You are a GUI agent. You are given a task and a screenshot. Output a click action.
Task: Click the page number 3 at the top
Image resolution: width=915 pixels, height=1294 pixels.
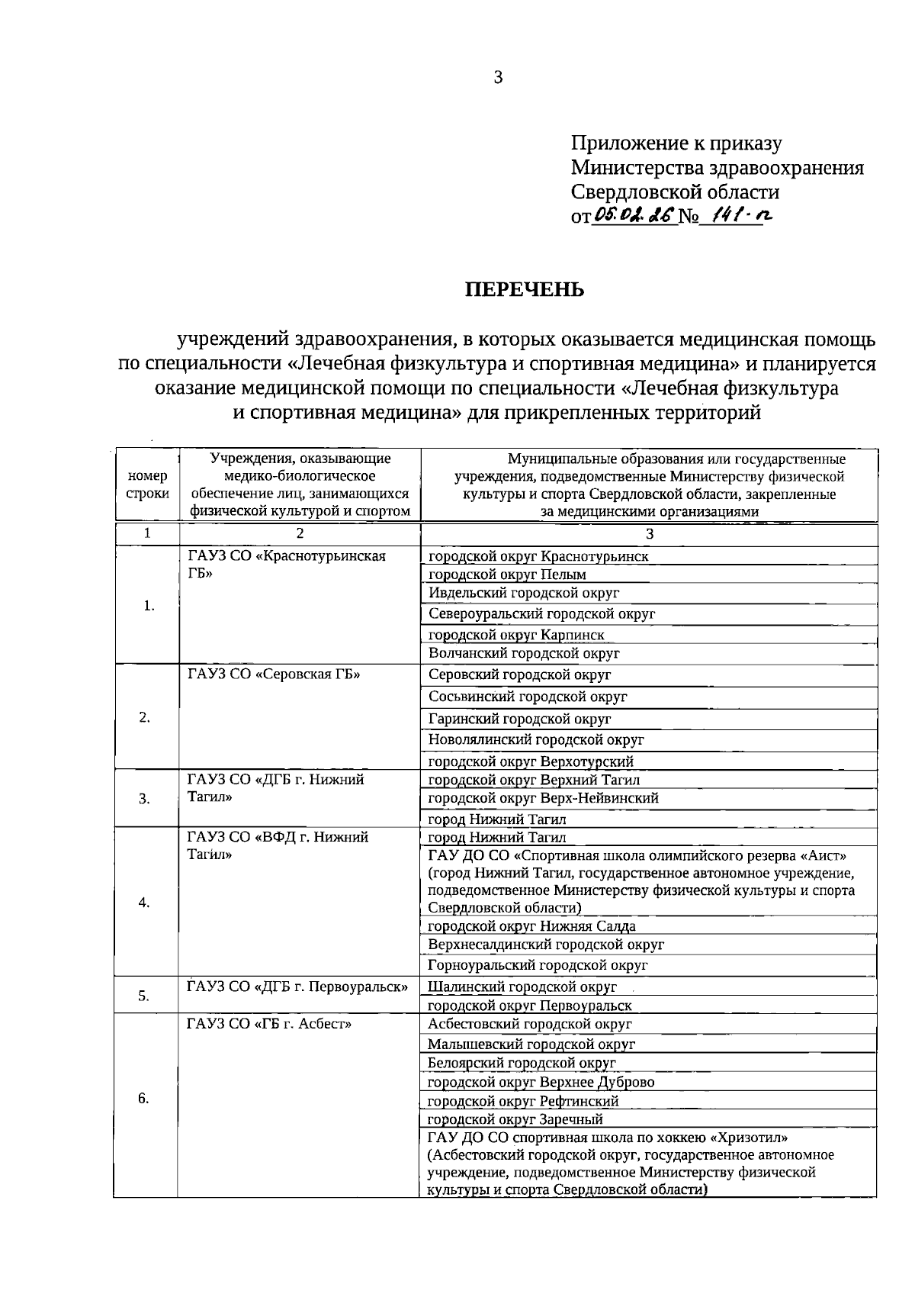pyautogui.click(x=498, y=77)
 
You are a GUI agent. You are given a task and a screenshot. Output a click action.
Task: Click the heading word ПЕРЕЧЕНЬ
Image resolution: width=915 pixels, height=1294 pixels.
pyautogui.click(x=525, y=290)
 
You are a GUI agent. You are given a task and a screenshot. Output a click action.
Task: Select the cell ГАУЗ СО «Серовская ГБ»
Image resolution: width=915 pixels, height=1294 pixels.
pyautogui.click(x=274, y=674)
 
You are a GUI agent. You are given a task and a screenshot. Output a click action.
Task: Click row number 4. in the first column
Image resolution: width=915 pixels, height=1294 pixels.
pyautogui.click(x=144, y=903)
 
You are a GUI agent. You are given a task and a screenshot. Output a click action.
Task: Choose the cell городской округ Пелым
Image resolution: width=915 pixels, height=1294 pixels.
pyautogui.click(x=507, y=575)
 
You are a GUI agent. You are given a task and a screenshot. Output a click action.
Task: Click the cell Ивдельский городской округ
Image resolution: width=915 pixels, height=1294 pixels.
pyautogui.click(x=524, y=593)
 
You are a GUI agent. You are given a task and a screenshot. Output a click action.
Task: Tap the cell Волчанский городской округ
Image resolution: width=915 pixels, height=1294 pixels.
pyautogui.click(x=524, y=653)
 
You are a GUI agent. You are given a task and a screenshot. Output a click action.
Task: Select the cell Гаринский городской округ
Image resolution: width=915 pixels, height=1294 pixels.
pyautogui.click(x=520, y=719)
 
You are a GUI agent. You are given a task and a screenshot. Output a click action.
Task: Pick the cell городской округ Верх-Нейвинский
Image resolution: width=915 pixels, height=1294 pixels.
pyautogui.click(x=543, y=798)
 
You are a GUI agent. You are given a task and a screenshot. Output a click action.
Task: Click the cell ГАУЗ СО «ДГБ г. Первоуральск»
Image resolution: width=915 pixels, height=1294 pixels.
pyautogui.click(x=297, y=987)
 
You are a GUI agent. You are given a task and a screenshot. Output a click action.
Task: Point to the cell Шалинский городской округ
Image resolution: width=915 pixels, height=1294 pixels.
pyautogui.click(x=522, y=987)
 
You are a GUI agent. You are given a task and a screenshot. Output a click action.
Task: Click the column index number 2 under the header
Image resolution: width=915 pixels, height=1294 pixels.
pyautogui.click(x=300, y=533)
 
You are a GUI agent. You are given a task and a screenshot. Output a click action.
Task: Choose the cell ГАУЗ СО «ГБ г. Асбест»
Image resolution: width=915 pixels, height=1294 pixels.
pyautogui.click(x=269, y=1024)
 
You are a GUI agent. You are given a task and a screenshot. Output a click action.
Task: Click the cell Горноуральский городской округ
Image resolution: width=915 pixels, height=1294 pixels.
pyautogui.click(x=538, y=965)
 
